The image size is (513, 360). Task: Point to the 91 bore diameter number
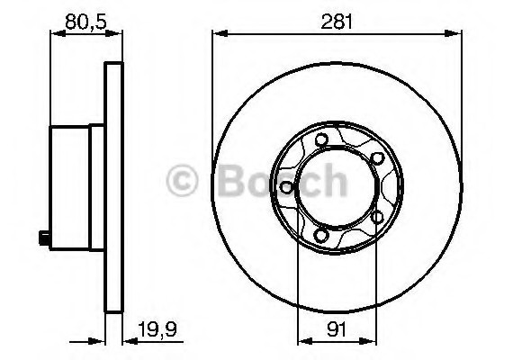(x=335, y=328)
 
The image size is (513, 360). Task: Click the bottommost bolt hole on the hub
(x=321, y=236)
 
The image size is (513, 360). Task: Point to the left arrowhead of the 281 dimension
(x=217, y=34)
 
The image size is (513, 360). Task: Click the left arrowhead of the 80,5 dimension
(x=50, y=34)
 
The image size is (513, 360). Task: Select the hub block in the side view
(x=72, y=187)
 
